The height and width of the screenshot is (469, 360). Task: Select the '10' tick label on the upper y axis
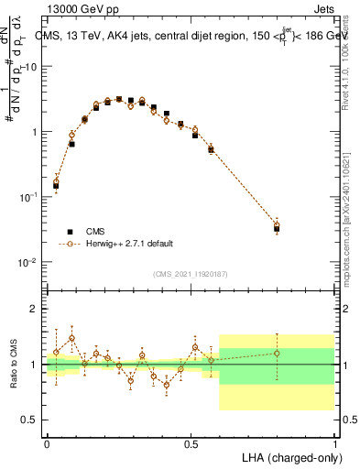[x=31, y=67]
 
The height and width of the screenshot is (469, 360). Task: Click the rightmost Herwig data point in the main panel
[x=277, y=224]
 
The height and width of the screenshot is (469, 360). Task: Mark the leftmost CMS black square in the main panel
[x=56, y=186]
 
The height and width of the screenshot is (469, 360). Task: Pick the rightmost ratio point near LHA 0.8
[x=277, y=353]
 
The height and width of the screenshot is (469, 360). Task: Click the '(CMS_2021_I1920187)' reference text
[x=191, y=273]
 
